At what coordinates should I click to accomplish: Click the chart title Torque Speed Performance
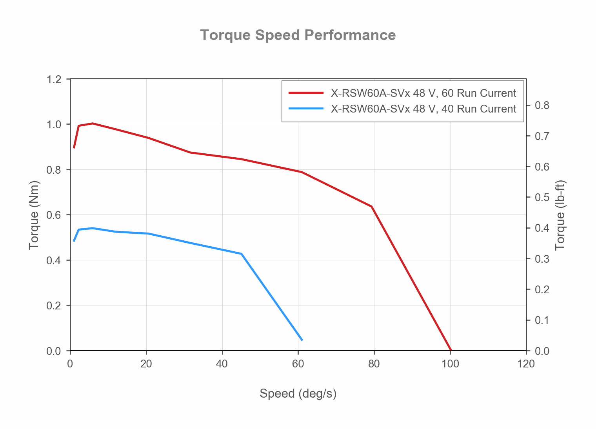point(298,35)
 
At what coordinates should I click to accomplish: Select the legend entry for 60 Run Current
point(423,93)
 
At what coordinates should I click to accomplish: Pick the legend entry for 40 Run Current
point(423,109)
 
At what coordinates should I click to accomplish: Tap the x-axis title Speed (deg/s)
point(298,393)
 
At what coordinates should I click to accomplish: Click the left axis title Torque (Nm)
point(34,215)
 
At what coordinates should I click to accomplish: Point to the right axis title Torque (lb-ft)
point(560,215)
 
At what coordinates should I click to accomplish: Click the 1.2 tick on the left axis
point(54,79)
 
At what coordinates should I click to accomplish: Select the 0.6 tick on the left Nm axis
point(54,215)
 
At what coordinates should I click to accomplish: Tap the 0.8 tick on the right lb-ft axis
point(542,105)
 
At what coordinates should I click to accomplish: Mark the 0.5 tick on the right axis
point(542,197)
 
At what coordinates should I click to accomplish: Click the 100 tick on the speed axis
point(450,364)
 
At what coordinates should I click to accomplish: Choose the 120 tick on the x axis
point(526,364)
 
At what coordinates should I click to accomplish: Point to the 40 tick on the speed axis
point(222,364)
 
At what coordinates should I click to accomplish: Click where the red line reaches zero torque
point(451,350)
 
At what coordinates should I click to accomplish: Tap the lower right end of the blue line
point(302,340)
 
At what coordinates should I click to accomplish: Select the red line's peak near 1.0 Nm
point(93,123)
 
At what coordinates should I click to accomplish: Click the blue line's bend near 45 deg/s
point(241,254)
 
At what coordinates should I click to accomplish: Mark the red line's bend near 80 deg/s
point(371,206)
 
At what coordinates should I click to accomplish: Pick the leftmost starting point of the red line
point(74,148)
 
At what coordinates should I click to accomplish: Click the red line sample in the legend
point(306,93)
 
